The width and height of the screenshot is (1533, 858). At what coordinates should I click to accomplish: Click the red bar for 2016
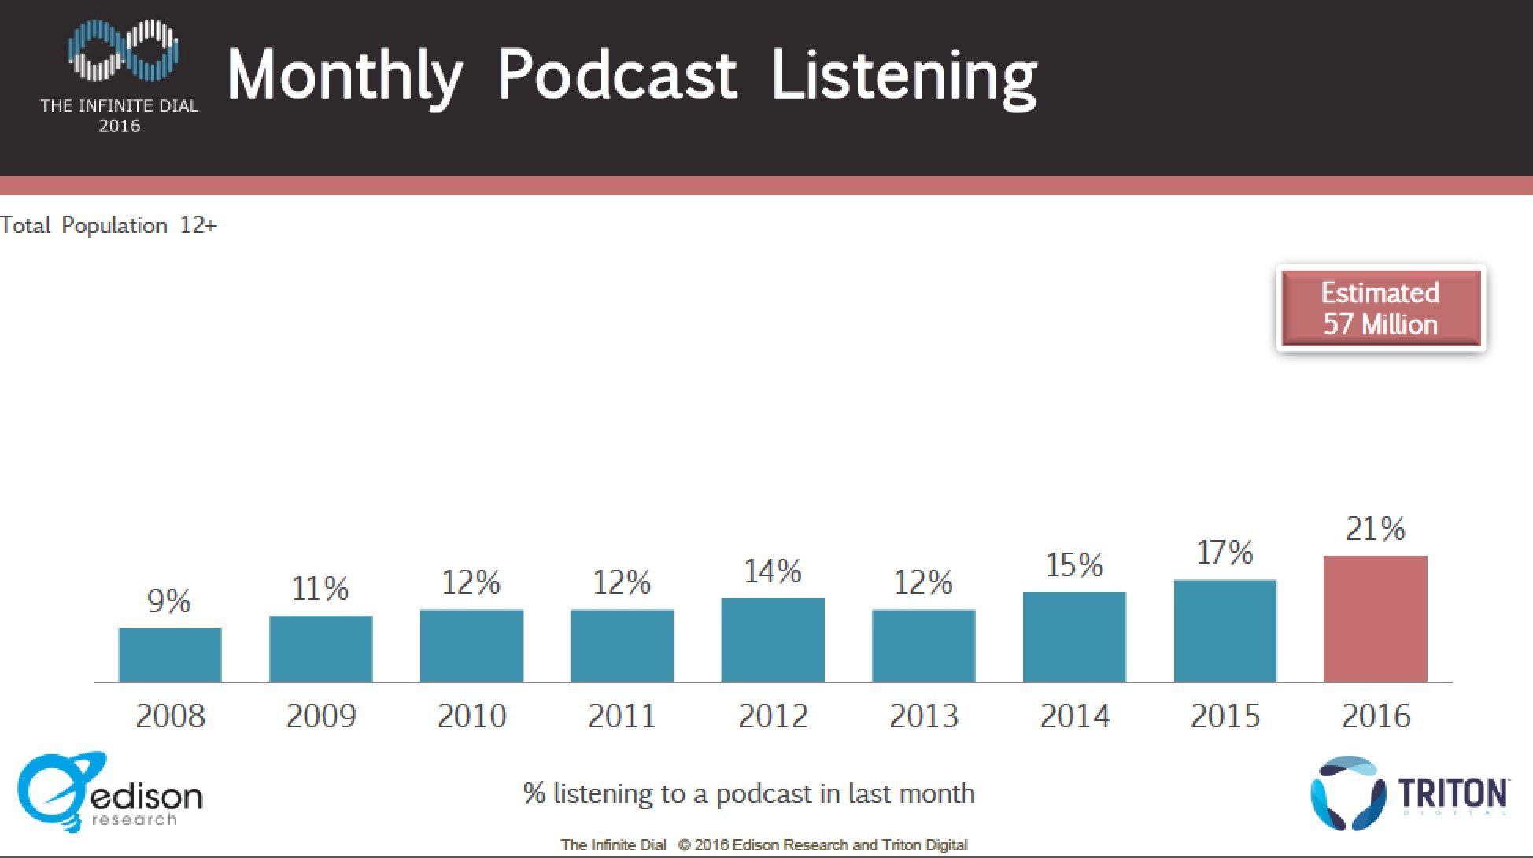1375,619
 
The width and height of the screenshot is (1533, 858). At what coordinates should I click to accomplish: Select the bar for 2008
170,655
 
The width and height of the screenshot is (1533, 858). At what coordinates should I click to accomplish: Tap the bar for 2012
773,640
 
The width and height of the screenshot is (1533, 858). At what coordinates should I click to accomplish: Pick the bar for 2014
1074,637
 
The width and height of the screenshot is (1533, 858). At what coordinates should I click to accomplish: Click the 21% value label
1375,529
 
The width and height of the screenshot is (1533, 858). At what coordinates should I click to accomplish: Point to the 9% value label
169,601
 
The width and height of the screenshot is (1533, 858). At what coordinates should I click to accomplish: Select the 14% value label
773,571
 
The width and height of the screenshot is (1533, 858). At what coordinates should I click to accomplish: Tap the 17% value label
1225,553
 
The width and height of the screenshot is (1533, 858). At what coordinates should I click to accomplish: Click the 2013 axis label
924,716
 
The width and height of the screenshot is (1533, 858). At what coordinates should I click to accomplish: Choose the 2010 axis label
471,716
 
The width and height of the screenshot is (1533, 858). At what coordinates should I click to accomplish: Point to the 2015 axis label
1225,716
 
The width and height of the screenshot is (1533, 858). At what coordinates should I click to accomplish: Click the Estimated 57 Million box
1380,309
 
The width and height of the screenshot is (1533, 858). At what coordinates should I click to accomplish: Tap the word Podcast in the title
617,75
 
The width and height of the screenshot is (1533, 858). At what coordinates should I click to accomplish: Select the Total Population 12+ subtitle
109,225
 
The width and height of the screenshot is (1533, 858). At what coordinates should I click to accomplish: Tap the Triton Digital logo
1408,793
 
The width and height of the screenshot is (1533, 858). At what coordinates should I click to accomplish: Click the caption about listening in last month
748,793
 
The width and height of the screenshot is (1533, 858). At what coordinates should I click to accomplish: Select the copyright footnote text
763,845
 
